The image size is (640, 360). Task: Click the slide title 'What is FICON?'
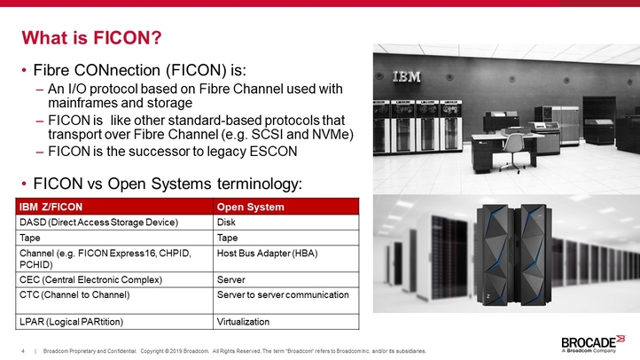click(x=91, y=38)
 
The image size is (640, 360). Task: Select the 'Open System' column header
click(x=251, y=207)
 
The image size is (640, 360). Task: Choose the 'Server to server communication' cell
click(x=283, y=294)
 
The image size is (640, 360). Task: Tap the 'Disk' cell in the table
click(x=226, y=222)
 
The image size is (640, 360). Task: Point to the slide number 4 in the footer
click(x=23, y=351)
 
